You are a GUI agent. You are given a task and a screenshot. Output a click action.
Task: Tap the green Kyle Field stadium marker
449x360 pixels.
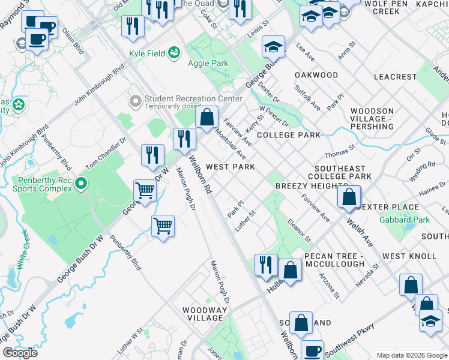tap(175, 53)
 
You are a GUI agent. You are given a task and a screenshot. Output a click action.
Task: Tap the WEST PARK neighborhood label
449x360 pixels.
tap(231, 167)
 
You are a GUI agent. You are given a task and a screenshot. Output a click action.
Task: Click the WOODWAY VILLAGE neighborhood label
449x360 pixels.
tap(205, 314)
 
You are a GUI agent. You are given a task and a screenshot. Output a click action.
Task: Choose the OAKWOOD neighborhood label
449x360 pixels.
tap(316, 75)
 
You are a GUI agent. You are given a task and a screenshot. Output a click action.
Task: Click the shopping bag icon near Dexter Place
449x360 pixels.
tap(349, 197)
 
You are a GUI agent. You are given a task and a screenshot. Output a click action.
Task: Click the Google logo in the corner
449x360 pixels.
tap(20, 353)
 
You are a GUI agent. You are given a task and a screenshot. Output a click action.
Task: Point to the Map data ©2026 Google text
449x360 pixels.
tap(411, 355)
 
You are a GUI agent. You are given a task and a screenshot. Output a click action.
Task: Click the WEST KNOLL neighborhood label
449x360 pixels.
tap(409, 256)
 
